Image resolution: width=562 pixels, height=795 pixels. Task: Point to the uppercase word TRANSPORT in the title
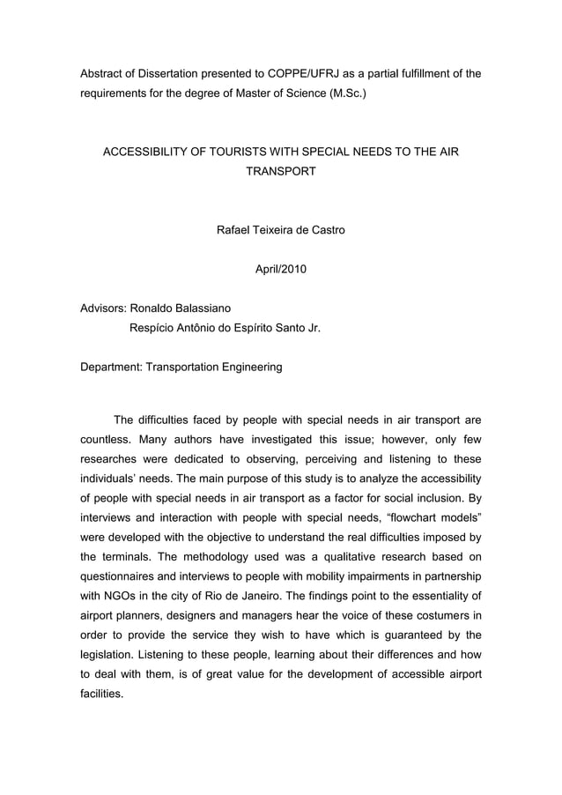(280, 170)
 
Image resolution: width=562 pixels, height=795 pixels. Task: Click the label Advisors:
(103, 308)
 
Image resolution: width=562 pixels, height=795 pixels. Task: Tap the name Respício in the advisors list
(154, 329)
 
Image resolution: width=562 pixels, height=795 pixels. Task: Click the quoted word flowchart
(381, 511)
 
